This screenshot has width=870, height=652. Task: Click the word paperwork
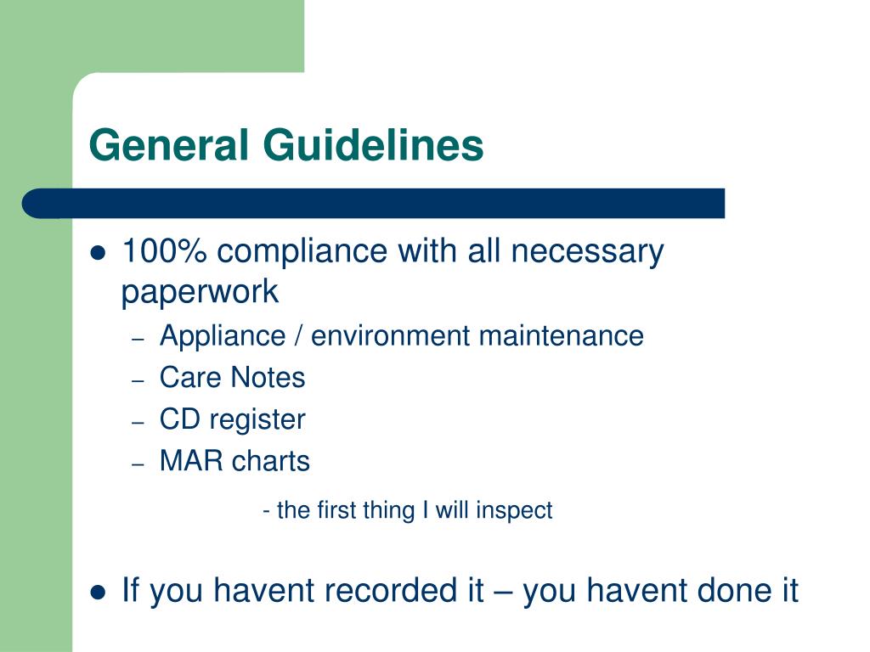[200, 292]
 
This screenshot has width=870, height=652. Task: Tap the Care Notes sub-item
[232, 378]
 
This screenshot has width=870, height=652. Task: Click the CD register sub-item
[232, 419]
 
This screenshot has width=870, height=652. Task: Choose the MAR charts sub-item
[234, 462]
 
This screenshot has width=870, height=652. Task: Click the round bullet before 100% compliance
[99, 253]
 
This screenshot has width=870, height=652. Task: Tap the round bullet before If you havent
[99, 592]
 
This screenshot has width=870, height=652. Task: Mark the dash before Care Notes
[138, 379]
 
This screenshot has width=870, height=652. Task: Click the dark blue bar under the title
[374, 204]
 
